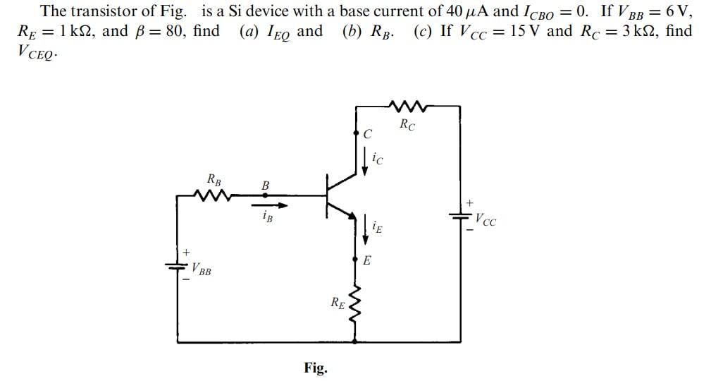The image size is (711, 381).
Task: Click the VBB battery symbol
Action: point(176,265)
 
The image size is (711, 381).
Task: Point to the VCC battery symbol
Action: point(461,218)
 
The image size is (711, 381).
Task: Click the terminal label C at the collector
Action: point(367,134)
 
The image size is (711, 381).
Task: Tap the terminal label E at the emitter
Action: point(366,261)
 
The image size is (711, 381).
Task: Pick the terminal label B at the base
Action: point(266,186)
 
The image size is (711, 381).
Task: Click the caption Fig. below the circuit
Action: point(315,368)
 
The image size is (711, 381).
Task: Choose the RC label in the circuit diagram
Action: point(407,126)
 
